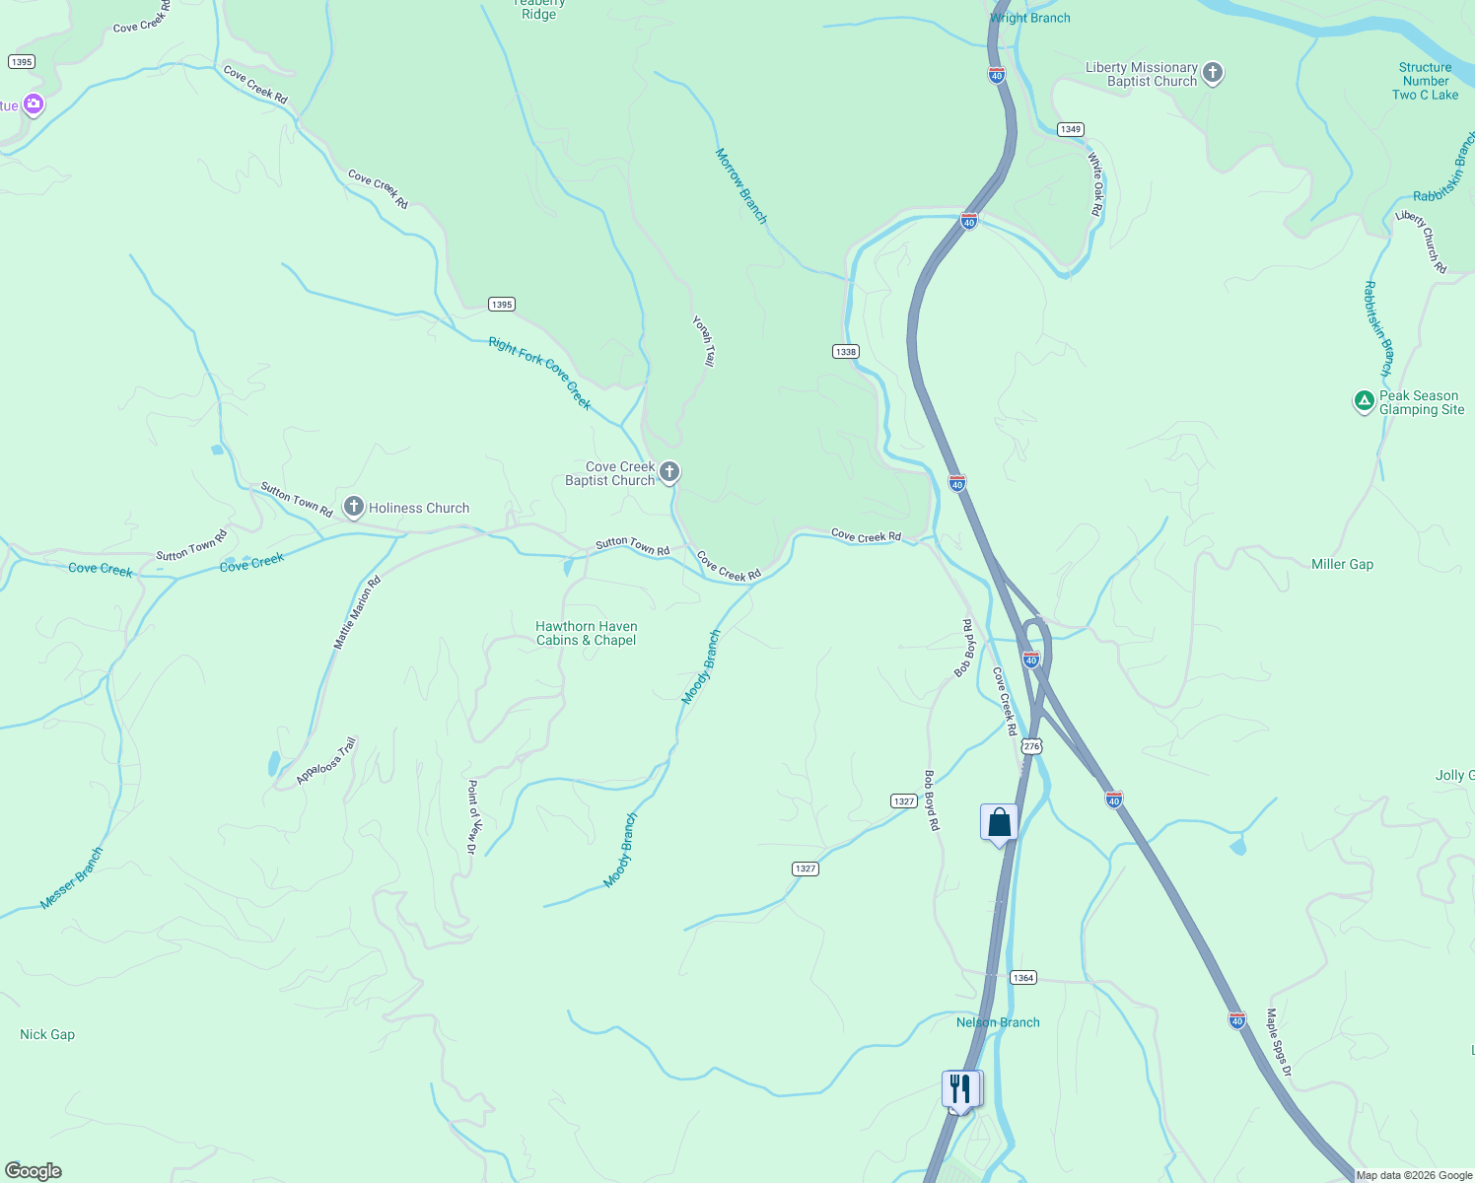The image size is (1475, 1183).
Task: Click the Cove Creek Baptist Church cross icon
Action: coord(669,472)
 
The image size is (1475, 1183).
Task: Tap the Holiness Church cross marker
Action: coord(353,507)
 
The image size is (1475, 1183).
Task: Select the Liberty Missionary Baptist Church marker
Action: coord(1213,72)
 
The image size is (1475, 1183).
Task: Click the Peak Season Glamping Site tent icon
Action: coord(1364,400)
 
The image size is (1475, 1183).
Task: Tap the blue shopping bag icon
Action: coord(999,822)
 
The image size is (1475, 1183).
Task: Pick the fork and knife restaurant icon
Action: coord(960,1089)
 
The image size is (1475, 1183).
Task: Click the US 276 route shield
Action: coord(1031,746)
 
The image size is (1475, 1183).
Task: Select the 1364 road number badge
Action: coord(1022,978)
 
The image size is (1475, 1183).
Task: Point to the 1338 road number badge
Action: coord(845,352)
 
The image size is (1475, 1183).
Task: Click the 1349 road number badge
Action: coord(1071,129)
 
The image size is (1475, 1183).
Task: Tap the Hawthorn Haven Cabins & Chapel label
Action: coord(587,633)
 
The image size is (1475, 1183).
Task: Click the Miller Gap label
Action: coord(1342,564)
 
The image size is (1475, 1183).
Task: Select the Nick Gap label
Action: coord(47,1034)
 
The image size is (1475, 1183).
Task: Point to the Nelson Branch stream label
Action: coord(998,1022)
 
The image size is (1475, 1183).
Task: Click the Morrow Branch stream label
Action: coord(740,185)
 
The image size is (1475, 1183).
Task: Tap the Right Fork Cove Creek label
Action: coord(540,373)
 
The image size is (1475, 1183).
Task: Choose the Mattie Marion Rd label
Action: coord(357,612)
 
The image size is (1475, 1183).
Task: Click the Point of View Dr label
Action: coord(472,816)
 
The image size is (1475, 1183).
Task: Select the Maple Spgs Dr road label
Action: coord(1279,1042)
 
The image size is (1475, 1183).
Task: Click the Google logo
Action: coord(34,1171)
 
